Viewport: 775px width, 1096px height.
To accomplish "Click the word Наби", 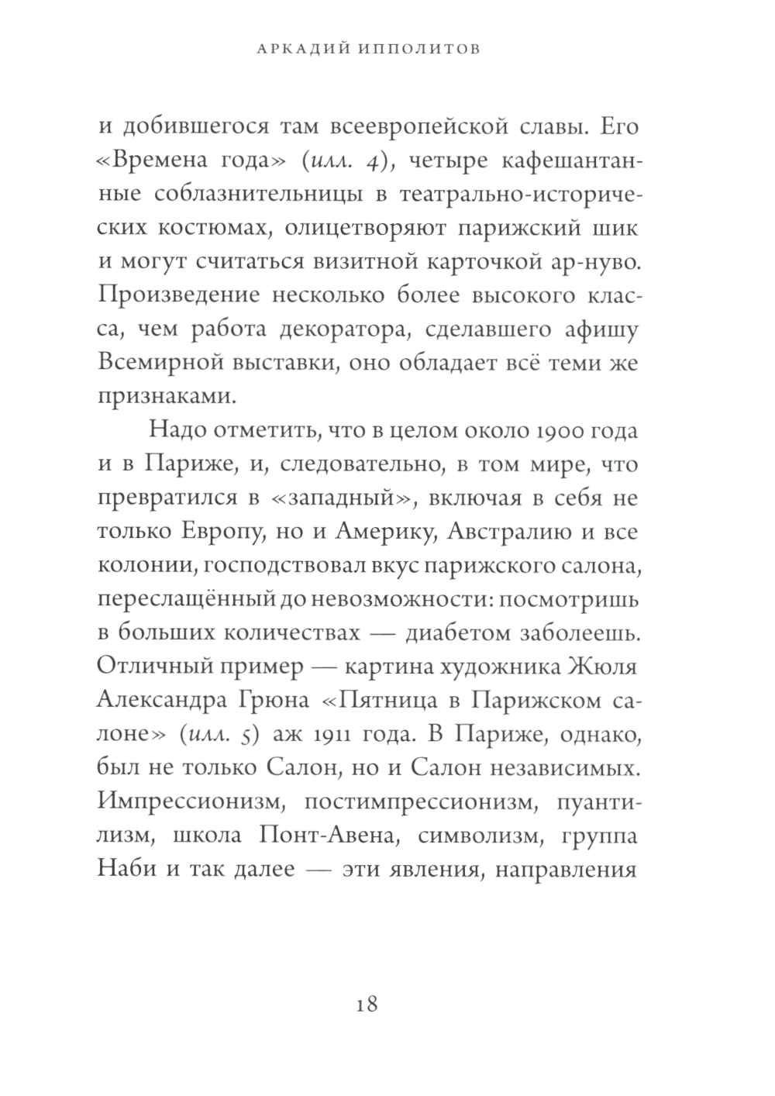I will tap(124, 869).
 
